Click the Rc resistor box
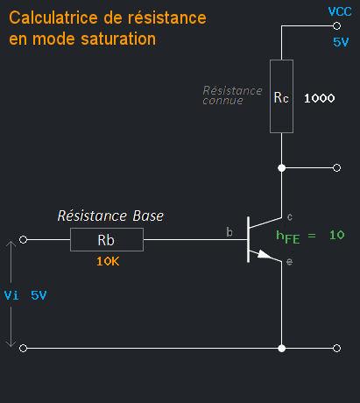(281, 96)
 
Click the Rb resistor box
(106, 238)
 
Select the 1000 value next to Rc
(319, 98)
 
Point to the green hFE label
(293, 236)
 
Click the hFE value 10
(338, 235)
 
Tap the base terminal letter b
(229, 232)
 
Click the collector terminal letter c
(290, 216)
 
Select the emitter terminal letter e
(289, 262)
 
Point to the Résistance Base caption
(110, 216)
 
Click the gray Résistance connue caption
(232, 95)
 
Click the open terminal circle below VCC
(337, 25)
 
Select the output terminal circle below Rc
(337, 166)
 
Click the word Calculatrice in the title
(51, 18)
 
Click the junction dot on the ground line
(281, 348)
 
